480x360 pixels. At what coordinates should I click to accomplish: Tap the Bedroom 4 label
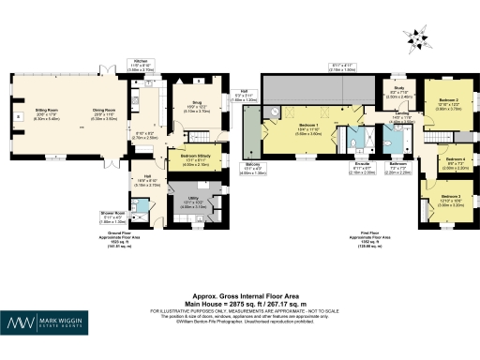(x=457, y=159)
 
